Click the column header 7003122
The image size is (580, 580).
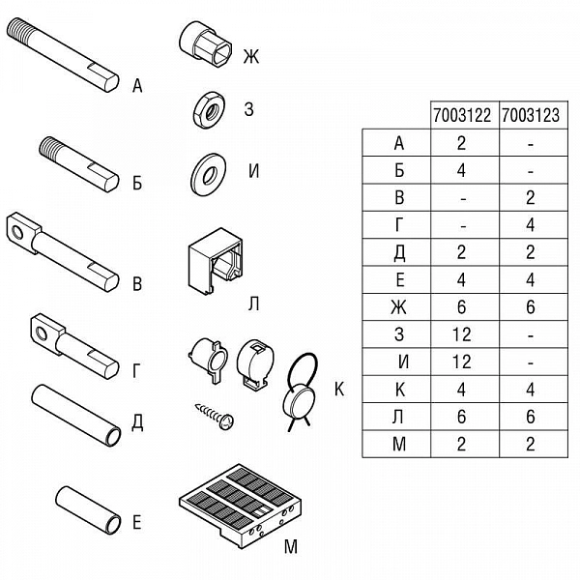click(462, 115)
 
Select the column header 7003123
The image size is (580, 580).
click(531, 115)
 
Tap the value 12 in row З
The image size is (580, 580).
click(462, 334)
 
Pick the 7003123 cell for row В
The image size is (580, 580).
click(531, 197)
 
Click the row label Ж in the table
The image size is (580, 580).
click(398, 307)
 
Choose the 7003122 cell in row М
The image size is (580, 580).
click(461, 444)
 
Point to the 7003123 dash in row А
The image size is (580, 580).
click(531, 144)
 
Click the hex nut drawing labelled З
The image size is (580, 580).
click(209, 110)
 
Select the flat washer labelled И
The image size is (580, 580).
click(208, 174)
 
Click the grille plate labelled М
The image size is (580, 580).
click(241, 506)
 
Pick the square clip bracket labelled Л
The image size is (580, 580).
click(215, 262)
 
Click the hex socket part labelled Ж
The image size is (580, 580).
click(206, 44)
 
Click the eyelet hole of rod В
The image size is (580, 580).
click(17, 232)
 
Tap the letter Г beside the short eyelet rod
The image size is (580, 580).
click(136, 371)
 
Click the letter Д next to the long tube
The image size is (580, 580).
click(137, 422)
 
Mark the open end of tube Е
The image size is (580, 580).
click(113, 525)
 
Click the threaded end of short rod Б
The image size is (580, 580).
click(50, 147)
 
